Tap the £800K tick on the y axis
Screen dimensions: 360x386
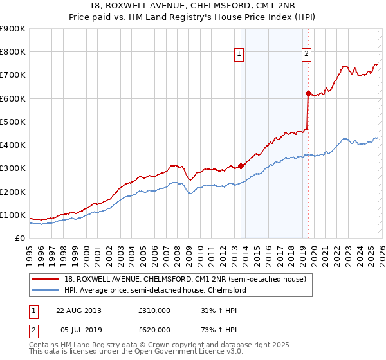13,52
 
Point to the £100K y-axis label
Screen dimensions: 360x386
13,215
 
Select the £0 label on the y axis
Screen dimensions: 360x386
21,238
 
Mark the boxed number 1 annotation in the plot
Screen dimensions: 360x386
239,54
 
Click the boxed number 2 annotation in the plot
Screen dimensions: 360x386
306,54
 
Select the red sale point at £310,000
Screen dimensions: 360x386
241,166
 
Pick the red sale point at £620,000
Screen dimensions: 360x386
308,94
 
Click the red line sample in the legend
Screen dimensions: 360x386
46,279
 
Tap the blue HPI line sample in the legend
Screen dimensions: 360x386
46,290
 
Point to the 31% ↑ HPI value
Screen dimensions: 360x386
215,310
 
